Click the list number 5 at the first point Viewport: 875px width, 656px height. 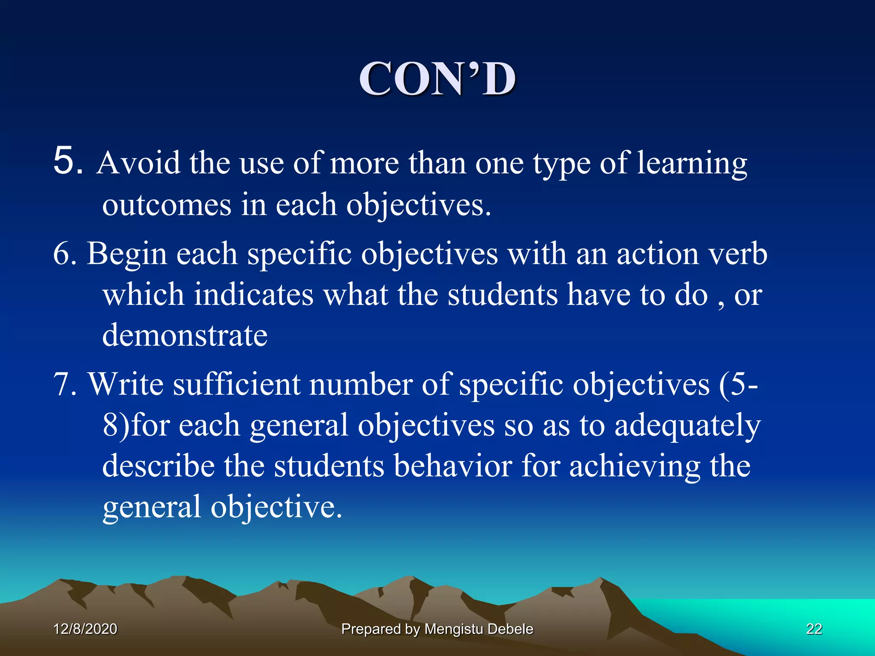tap(68, 161)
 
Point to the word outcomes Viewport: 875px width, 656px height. tap(167, 205)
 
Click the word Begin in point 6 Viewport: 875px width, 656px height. tap(126, 254)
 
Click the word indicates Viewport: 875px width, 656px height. tap(254, 295)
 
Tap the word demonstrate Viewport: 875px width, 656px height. tap(185, 335)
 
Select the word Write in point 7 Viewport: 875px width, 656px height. tap(126, 384)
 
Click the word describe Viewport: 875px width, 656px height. tap(158, 466)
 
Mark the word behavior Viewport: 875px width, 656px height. tap(452, 466)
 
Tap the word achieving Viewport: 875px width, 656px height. tap(634, 466)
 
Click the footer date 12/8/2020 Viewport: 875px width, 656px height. tap(85, 629)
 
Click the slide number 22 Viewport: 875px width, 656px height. tap(814, 629)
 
